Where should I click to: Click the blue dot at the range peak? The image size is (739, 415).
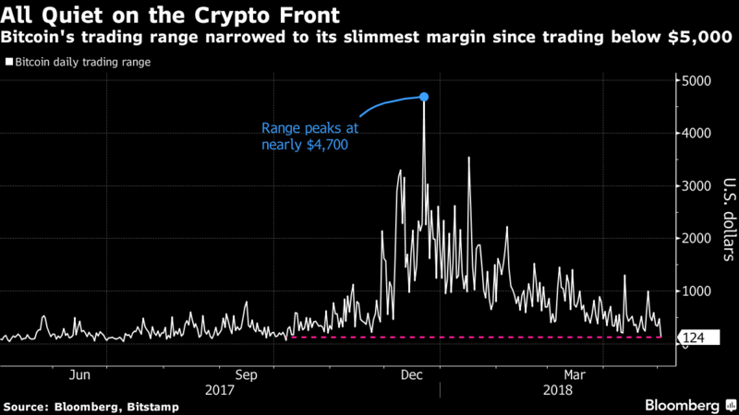pyautogui.click(x=424, y=96)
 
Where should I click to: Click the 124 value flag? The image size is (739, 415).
pyautogui.click(x=696, y=338)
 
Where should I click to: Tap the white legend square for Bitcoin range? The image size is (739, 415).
pyautogui.click(x=8, y=63)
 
